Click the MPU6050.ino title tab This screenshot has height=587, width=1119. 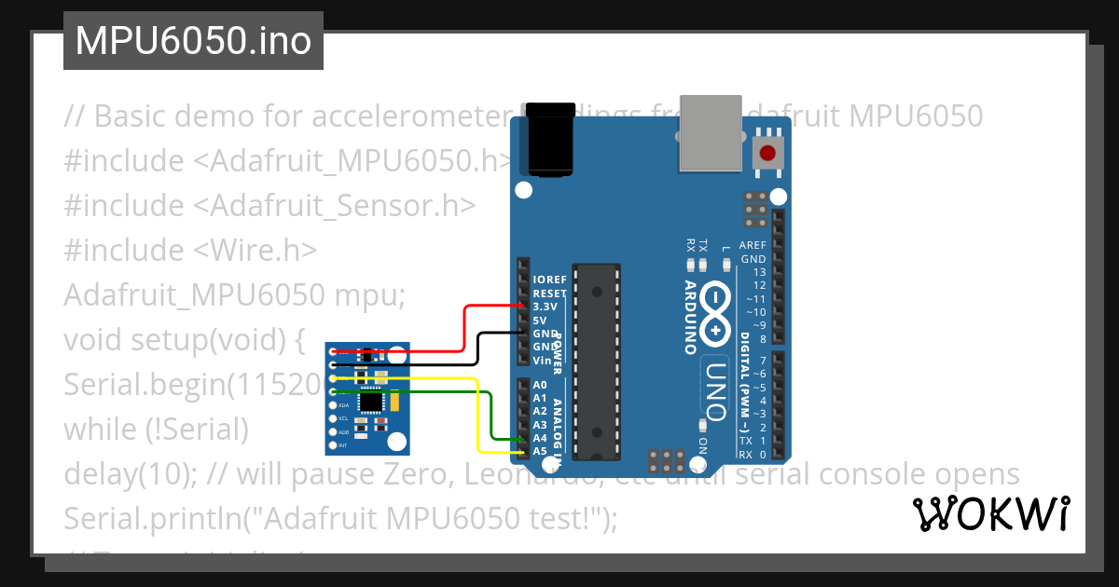[x=193, y=41]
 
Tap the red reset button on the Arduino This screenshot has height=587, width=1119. [x=767, y=154]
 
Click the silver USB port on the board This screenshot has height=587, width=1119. [x=711, y=133]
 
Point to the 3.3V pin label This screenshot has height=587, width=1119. [x=545, y=307]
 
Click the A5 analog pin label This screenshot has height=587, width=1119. [x=540, y=451]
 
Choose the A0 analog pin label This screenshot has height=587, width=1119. [x=540, y=385]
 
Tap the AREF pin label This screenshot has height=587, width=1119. [x=753, y=246]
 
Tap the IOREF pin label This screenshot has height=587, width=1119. [x=549, y=280]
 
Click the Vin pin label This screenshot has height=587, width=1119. [x=542, y=360]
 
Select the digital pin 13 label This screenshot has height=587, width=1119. [x=759, y=272]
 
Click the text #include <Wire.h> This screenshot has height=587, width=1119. [x=190, y=250]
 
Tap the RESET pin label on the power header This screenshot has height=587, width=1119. [x=549, y=293]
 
